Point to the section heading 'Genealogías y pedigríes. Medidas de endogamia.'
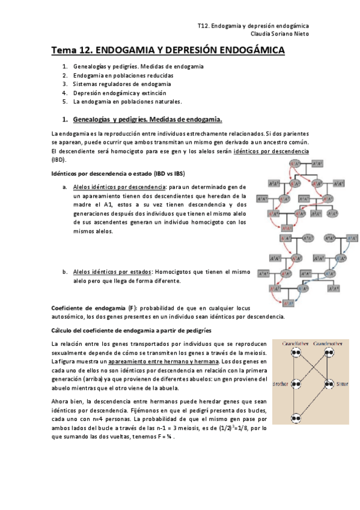(147, 119)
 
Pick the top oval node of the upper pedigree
(294, 164)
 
